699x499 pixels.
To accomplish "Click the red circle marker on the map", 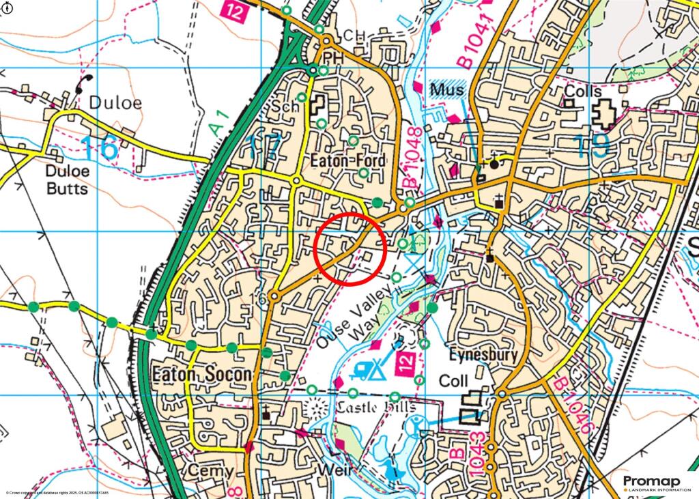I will [x=351, y=248].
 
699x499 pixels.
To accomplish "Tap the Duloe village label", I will [x=115, y=102].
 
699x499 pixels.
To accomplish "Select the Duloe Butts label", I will [x=67, y=180].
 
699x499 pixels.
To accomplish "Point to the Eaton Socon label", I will [x=201, y=375].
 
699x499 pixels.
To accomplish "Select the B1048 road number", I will [x=412, y=159].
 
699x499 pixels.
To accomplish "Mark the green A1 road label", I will [x=217, y=124].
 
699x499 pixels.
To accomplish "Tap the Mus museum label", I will [x=447, y=89].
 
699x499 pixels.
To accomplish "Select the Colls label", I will [x=584, y=91].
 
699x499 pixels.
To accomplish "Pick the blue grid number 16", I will [x=99, y=147].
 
